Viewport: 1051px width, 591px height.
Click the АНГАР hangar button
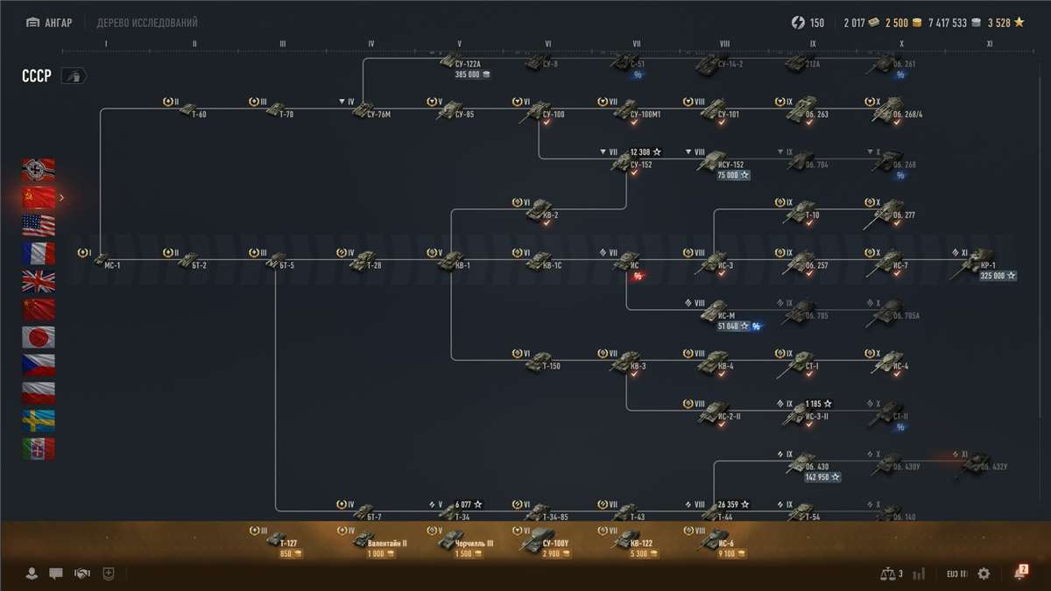click(51, 23)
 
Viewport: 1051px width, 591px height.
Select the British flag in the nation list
click(39, 281)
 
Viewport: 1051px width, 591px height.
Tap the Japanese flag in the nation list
click(39, 337)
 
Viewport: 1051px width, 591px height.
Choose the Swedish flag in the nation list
click(39, 421)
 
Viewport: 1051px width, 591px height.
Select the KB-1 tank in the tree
click(452, 259)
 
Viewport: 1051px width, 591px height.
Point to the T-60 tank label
click(199, 115)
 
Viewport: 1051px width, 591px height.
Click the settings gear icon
click(984, 573)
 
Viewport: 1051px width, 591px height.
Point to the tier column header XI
click(990, 43)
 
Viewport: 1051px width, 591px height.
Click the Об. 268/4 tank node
click(888, 110)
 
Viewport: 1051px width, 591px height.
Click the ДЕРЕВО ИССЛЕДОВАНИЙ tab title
click(147, 23)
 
